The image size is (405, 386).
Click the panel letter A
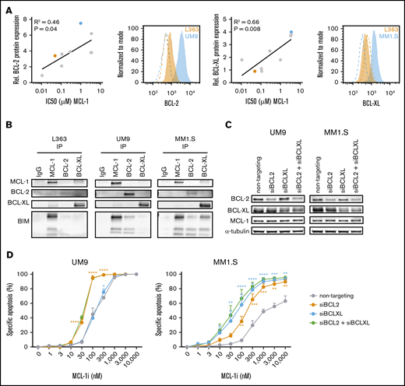pos(5,5)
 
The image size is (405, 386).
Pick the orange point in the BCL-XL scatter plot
pos(233,70)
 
